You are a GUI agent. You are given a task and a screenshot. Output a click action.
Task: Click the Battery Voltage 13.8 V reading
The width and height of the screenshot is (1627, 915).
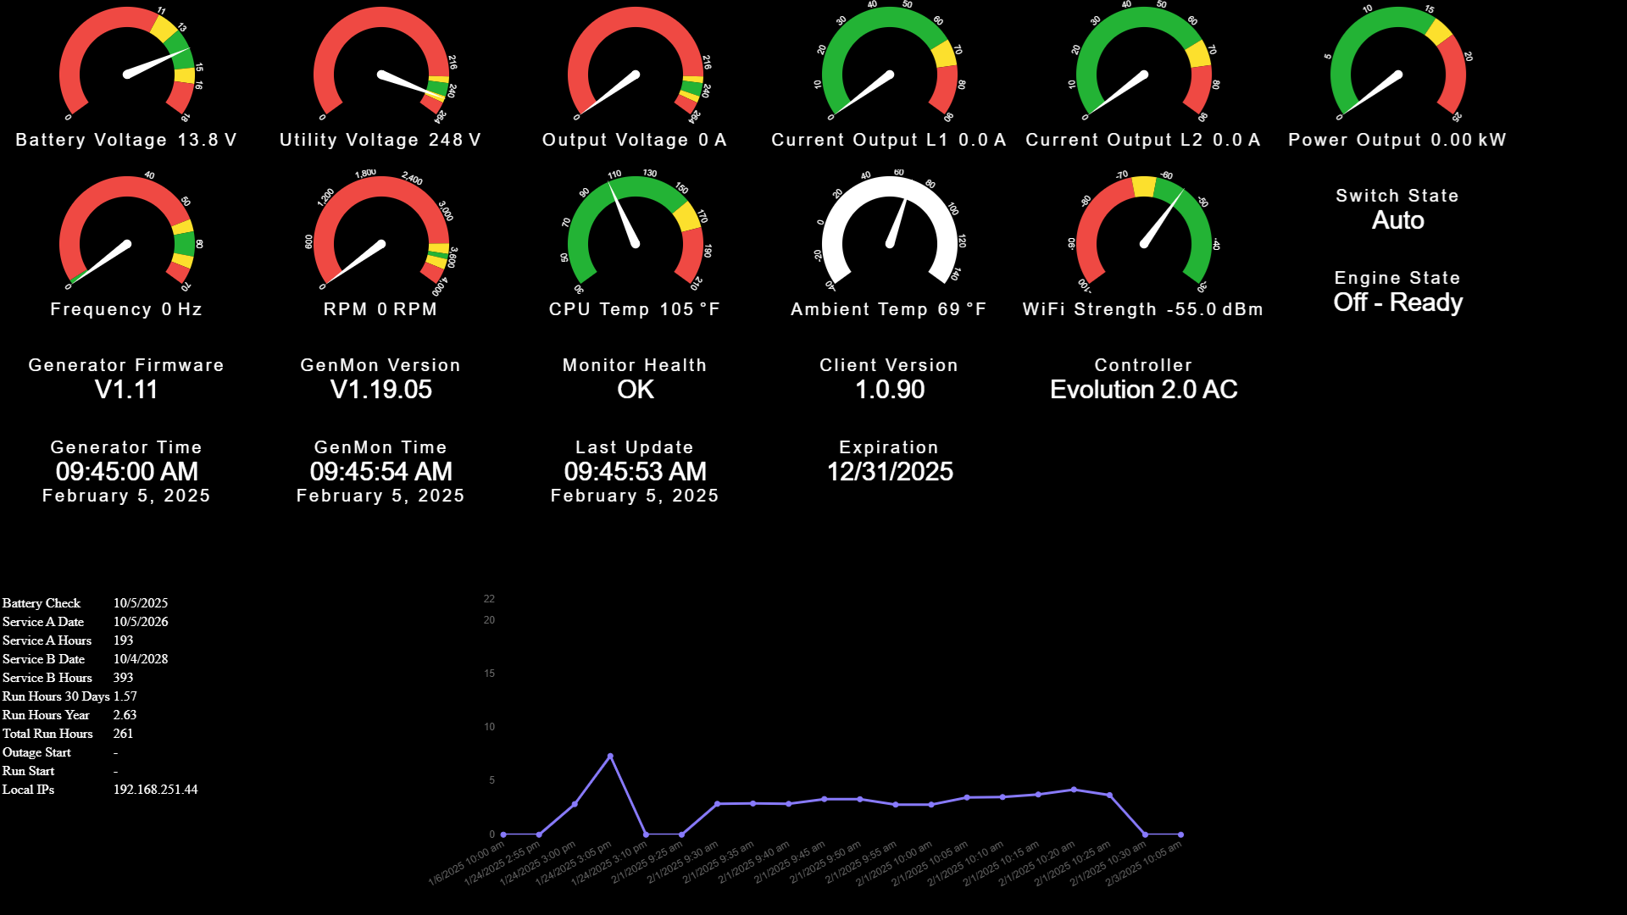tap(126, 140)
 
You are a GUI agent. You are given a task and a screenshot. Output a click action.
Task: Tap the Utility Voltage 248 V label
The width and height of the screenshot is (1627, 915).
tap(380, 140)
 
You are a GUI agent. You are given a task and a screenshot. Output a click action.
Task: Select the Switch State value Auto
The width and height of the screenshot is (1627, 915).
tap(1397, 220)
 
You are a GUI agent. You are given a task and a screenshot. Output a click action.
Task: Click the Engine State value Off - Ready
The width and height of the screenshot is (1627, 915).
tap(1397, 302)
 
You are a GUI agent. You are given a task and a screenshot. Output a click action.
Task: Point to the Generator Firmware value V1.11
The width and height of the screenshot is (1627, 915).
tap(126, 390)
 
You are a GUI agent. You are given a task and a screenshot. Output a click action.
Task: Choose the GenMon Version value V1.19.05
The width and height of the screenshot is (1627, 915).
tap(380, 390)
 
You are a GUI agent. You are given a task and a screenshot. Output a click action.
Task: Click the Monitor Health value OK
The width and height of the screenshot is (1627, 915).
tap(635, 390)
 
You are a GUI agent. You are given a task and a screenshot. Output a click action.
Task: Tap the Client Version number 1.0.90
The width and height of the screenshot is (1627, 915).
tap(889, 390)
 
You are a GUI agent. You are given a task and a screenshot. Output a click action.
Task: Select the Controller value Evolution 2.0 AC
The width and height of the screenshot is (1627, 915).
tap(1143, 390)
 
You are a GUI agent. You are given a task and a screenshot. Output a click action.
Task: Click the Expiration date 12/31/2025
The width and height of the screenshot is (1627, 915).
tap(889, 472)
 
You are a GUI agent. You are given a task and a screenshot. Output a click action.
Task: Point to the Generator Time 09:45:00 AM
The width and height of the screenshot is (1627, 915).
tap(126, 472)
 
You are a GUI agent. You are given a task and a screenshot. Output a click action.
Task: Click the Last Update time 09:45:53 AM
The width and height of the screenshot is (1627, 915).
tap(635, 472)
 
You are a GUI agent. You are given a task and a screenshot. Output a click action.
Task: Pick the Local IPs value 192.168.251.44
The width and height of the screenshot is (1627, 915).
tap(155, 790)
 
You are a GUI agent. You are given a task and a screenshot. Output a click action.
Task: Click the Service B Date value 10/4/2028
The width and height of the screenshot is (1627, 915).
tap(141, 659)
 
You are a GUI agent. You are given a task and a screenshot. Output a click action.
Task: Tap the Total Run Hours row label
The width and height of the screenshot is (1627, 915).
tap(47, 734)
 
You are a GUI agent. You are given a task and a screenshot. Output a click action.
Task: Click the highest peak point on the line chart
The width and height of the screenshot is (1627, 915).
tap(610, 756)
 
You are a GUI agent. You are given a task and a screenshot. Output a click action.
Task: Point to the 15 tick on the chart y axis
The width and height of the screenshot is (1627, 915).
tap(489, 674)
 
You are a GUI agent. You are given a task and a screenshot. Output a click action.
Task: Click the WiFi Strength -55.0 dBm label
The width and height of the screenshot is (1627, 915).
tap(1143, 309)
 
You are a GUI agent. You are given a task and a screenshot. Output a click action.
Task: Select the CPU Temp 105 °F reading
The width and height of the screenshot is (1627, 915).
tap(635, 309)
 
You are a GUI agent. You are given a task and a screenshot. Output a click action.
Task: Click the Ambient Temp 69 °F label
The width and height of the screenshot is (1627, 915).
tap(889, 309)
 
